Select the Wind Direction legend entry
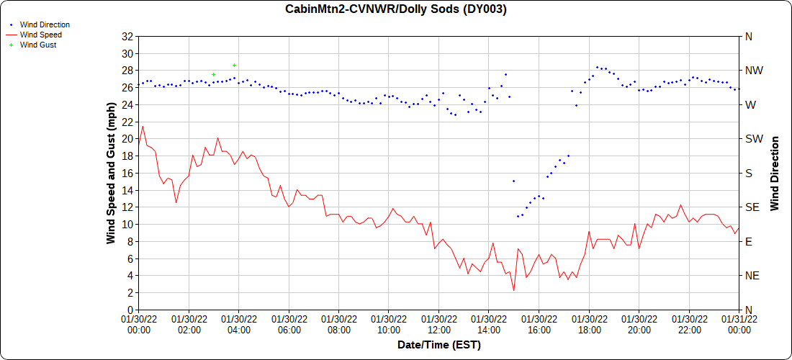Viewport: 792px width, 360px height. click(45, 24)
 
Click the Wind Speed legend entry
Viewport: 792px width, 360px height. click(40, 35)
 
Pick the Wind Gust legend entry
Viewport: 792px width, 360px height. click(37, 45)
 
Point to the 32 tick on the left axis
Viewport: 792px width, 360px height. click(127, 36)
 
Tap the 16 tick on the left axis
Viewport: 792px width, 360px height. click(127, 173)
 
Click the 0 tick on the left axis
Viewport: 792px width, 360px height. click(130, 310)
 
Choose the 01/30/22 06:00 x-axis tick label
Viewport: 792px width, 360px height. click(289, 324)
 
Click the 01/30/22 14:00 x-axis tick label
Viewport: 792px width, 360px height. click(489, 324)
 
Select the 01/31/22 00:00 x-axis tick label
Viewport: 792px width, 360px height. click(739, 324)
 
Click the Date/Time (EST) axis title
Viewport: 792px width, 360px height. click(438, 345)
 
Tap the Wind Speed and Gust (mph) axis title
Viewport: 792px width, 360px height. click(111, 173)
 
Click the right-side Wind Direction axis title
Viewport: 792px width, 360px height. click(775, 173)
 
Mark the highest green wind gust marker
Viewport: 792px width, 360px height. click(234, 65)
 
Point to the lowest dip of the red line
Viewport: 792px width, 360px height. click(513, 290)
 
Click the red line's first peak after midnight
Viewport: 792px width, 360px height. click(143, 127)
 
